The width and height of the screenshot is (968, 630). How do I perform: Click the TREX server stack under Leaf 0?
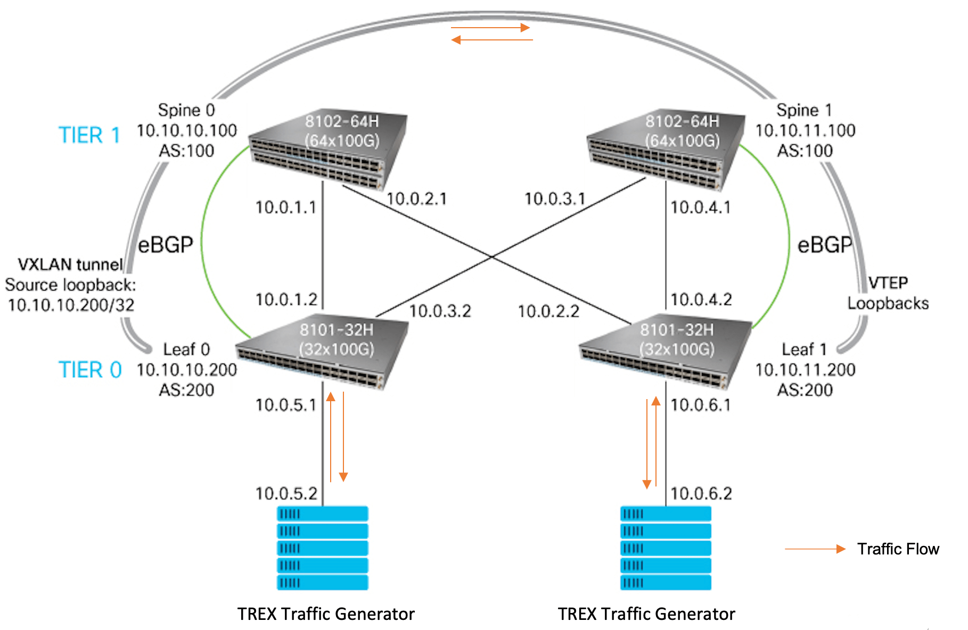[x=322, y=548]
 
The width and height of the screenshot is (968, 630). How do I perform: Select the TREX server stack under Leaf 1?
[x=666, y=548]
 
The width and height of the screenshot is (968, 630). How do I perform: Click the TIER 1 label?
[x=89, y=135]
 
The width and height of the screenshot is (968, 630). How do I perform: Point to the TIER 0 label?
[x=90, y=370]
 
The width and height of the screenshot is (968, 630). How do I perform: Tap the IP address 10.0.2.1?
[x=416, y=199]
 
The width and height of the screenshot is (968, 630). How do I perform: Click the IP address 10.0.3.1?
[x=555, y=199]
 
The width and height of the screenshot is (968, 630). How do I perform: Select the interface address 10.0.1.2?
[x=286, y=300]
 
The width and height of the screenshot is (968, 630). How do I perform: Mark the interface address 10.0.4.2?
[x=701, y=300]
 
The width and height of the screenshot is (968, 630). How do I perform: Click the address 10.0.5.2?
[x=286, y=494]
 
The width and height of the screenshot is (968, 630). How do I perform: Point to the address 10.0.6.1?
[x=701, y=405]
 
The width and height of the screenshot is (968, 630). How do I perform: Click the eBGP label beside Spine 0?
[x=166, y=245]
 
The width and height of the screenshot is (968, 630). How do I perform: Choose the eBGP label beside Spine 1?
[x=825, y=245]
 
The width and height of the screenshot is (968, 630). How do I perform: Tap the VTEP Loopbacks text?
[x=888, y=293]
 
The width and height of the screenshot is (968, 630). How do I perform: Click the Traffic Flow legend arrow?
[x=815, y=549]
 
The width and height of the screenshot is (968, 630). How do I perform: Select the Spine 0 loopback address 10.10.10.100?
[x=187, y=130]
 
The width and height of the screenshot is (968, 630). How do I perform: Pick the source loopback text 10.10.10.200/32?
[x=71, y=305]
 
